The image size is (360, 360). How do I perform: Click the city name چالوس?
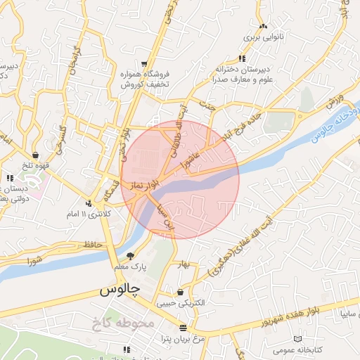120,289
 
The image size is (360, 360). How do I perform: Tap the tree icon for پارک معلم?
130,256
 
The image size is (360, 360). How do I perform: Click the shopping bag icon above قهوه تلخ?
35,155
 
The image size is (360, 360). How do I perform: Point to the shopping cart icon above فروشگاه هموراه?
143,64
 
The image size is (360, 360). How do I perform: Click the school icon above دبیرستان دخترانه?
242,58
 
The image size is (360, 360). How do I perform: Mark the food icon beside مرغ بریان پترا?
183,328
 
